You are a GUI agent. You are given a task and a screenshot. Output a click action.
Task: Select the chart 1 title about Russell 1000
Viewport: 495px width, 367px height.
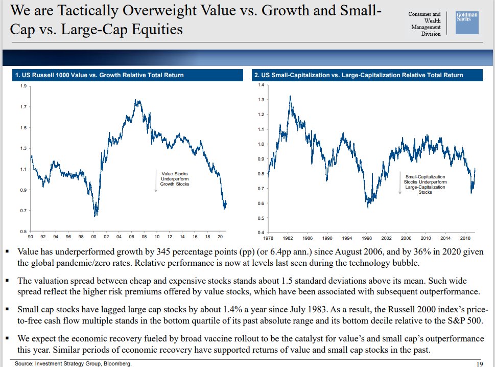[100, 75]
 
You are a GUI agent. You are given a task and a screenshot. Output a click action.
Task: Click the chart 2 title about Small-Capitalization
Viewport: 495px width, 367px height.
[359, 75]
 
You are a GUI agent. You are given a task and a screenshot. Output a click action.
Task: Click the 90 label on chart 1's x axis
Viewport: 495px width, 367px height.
[31, 237]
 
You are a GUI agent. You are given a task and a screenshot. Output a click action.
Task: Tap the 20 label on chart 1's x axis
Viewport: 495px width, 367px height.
[220, 237]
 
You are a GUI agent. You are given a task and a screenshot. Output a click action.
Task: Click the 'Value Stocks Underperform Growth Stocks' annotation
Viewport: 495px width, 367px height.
[175, 179]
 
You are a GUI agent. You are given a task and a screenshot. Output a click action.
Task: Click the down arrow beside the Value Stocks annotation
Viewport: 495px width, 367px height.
[155, 181]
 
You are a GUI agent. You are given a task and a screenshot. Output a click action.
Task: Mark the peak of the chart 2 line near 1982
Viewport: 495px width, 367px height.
[290, 96]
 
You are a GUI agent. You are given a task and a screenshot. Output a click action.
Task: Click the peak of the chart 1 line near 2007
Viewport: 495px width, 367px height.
[137, 101]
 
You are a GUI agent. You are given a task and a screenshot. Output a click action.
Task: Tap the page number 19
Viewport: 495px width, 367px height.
[479, 363]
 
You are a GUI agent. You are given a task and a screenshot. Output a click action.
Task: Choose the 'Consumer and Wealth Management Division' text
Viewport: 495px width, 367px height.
[424, 24]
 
